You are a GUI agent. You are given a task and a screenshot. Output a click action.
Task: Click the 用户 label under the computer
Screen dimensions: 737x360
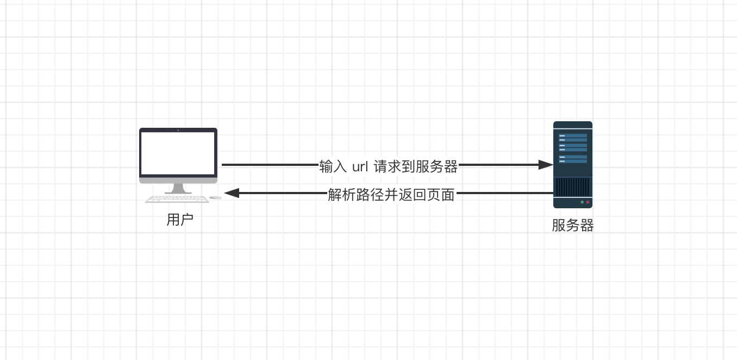(180, 220)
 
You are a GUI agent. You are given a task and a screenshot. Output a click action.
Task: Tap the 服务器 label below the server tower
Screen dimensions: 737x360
(573, 226)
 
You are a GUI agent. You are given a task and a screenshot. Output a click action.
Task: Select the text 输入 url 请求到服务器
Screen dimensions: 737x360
(388, 166)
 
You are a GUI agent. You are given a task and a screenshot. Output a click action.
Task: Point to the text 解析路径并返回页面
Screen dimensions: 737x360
(391, 195)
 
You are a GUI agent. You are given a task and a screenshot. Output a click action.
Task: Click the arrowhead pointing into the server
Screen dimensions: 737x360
(546, 165)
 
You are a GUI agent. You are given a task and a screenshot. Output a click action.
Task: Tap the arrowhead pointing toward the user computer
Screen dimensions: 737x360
(232, 193)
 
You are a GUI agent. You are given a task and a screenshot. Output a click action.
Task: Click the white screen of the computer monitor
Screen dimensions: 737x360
(178, 153)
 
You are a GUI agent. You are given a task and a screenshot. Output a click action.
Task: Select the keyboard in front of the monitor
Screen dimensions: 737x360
(177, 199)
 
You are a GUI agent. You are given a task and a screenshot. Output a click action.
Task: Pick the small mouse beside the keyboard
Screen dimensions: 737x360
(216, 197)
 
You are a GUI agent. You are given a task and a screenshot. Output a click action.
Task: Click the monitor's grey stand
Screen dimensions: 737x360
(178, 189)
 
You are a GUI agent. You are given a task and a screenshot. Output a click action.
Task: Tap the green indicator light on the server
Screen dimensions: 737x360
(582, 202)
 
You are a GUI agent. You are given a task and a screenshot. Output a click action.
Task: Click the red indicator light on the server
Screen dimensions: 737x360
(588, 202)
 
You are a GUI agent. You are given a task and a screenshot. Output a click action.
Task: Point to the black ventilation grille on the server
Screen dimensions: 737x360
(573, 187)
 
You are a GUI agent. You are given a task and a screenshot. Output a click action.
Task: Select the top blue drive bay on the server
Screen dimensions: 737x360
(573, 138)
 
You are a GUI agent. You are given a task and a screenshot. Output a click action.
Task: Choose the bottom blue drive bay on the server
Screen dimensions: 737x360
(573, 159)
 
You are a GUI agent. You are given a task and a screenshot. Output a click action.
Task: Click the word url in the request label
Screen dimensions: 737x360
(360, 167)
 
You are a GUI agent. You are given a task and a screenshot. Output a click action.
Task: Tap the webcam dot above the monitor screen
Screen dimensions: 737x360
(178, 130)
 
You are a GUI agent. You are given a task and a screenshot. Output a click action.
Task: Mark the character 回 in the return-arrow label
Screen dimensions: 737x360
(420, 195)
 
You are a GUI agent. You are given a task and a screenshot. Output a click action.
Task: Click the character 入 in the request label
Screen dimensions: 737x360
(340, 166)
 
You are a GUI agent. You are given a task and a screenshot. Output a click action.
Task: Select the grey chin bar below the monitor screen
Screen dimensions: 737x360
(178, 181)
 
